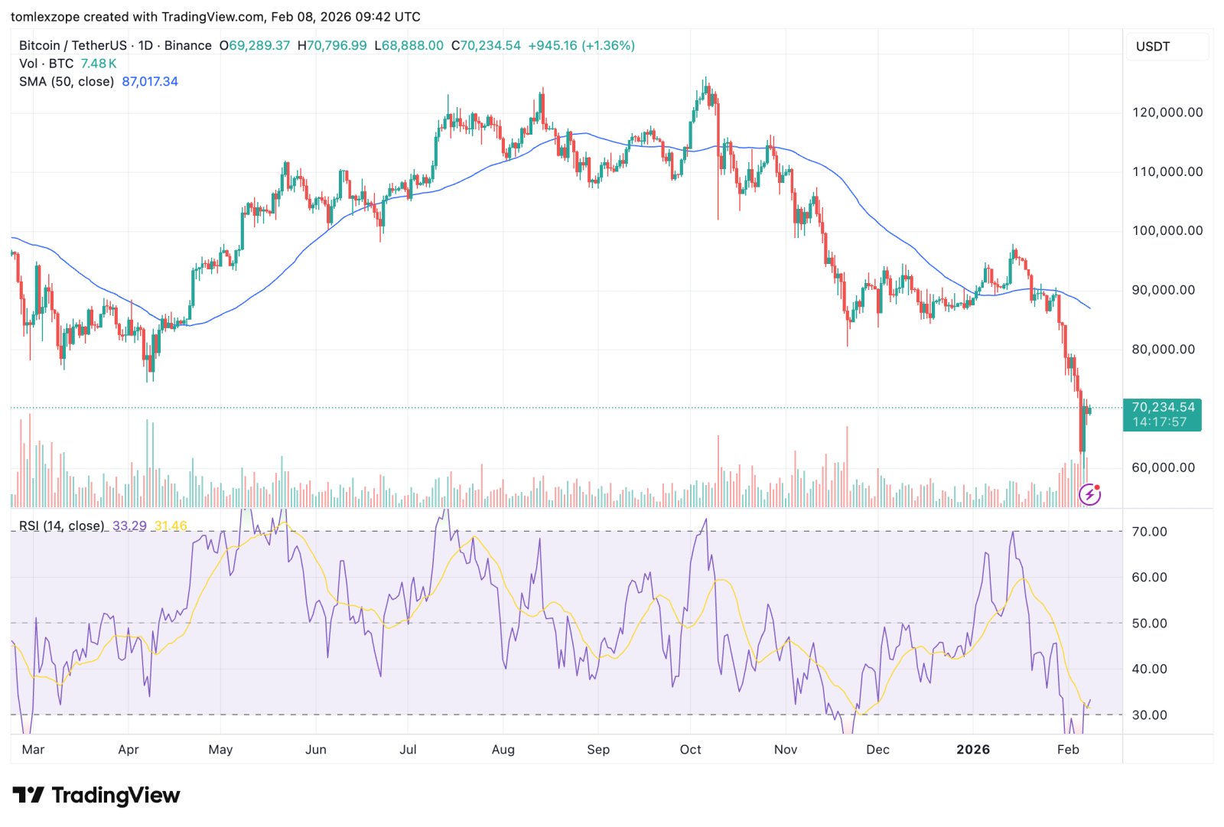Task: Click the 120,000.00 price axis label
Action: click(x=1167, y=112)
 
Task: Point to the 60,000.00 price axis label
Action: click(x=1163, y=467)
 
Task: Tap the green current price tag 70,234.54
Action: click(x=1162, y=408)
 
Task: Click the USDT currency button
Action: click(x=1153, y=47)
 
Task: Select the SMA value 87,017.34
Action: click(x=150, y=82)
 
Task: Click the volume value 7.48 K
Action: click(x=99, y=63)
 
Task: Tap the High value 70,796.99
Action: click(x=337, y=46)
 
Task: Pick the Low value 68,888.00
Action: click(x=413, y=46)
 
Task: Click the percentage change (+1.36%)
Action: click(x=608, y=46)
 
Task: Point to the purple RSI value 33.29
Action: click(x=129, y=526)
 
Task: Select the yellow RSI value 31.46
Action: click(x=171, y=526)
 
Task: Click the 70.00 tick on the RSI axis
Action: click(x=1149, y=532)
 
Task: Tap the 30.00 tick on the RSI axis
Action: click(x=1149, y=715)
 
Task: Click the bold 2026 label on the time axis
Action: click(x=973, y=750)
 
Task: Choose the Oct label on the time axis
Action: click(x=690, y=750)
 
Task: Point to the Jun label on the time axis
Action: click(x=316, y=750)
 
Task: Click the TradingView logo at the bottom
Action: click(x=96, y=796)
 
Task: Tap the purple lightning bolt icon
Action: click(x=1089, y=495)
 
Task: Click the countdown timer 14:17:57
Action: click(x=1160, y=422)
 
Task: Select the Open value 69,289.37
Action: click(x=259, y=46)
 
